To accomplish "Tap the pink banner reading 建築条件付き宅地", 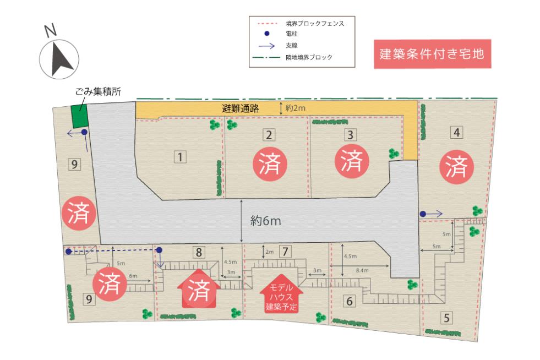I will coord(432,54).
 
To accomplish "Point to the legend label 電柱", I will coord(292,34).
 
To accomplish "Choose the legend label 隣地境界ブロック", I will coord(309,57).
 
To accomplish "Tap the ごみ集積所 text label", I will coord(98,92).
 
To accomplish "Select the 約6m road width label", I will coord(266,221).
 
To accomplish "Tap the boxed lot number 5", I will coord(447,317).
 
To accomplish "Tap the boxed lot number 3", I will coord(349,134).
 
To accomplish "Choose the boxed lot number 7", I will coord(284,252).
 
